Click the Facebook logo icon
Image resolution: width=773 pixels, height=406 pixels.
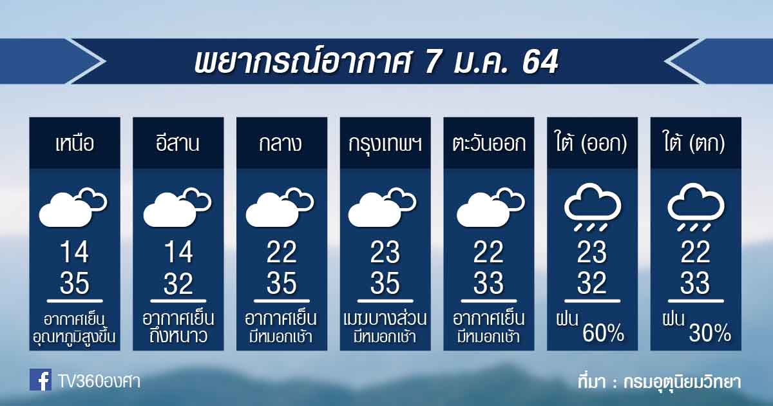click(x=41, y=380)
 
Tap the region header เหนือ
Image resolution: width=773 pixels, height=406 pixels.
click(x=75, y=143)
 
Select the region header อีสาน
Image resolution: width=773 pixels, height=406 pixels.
click(x=178, y=142)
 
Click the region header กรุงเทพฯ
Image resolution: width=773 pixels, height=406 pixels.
click(x=385, y=144)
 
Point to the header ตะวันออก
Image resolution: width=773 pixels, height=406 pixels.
click(x=489, y=143)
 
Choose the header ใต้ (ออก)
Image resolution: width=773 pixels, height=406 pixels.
click(x=591, y=142)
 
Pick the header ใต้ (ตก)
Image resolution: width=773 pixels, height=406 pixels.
click(x=694, y=142)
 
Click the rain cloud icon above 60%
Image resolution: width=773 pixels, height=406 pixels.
click(x=593, y=207)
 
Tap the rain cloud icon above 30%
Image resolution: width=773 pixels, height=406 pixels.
click(x=696, y=207)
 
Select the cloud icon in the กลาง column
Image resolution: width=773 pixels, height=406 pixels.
click(x=280, y=207)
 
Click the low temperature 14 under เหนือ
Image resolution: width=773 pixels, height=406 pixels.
click(x=75, y=252)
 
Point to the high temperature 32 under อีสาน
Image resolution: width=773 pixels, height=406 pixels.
click(x=178, y=283)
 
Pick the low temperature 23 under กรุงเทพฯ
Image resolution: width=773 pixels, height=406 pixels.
click(x=385, y=252)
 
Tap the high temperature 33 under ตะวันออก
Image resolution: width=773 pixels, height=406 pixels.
click(x=489, y=283)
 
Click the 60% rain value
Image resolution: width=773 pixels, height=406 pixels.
click(x=603, y=333)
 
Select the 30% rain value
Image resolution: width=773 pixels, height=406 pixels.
click(x=710, y=333)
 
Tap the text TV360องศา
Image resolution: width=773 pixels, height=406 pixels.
click(x=99, y=382)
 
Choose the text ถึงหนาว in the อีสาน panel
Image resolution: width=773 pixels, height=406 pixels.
click(x=178, y=336)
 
